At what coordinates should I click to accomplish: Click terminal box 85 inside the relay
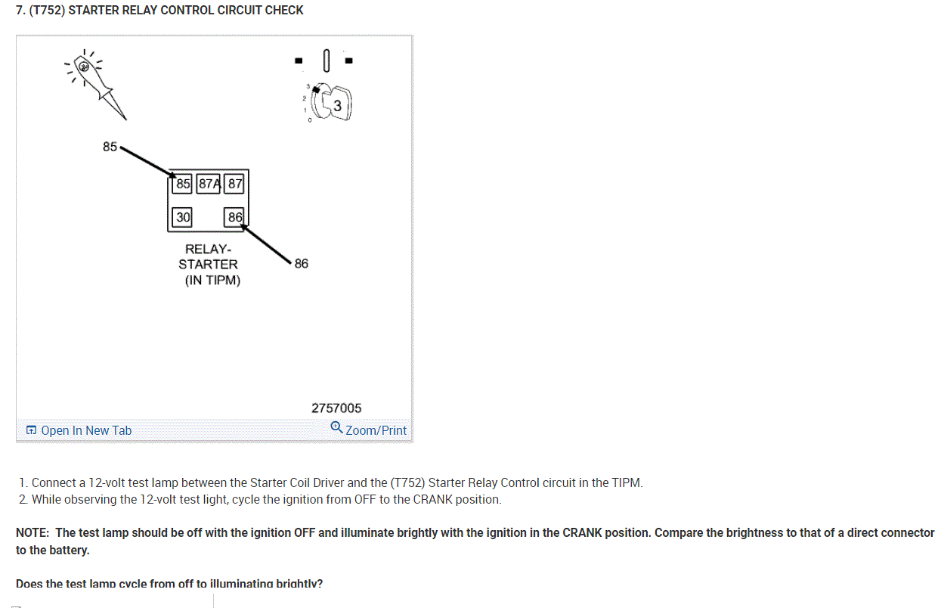coord(183,183)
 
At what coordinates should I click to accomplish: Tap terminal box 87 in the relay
coord(235,183)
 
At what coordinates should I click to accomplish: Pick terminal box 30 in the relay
coord(183,217)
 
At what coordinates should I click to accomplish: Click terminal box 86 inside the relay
coord(235,217)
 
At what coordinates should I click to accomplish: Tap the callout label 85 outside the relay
coord(110,147)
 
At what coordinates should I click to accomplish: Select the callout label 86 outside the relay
coord(302,263)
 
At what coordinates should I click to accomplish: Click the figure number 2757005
coord(336,408)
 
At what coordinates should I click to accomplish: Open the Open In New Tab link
coord(85,430)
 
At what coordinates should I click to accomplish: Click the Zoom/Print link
coord(376,430)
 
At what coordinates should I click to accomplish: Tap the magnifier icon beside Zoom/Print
coord(336,428)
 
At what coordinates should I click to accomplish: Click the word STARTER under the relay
coord(208,264)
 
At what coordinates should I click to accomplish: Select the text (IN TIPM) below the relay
coord(212,281)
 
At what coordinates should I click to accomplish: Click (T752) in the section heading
coord(46,10)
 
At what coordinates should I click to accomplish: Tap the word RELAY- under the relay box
coord(209,248)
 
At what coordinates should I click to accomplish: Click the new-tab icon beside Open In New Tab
coord(31,430)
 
